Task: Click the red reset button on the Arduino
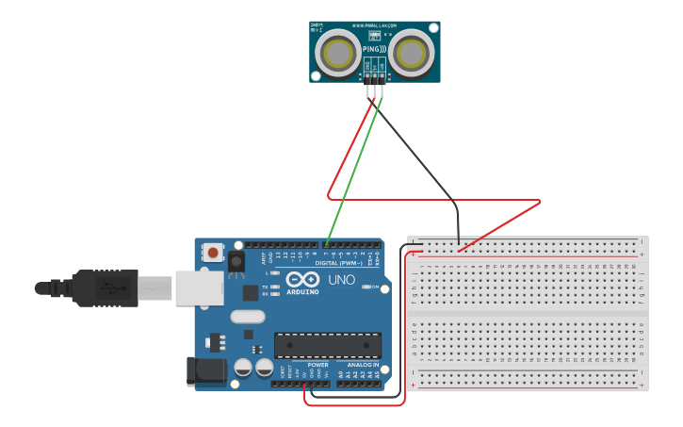coord(213,253)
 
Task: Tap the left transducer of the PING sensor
coord(336,53)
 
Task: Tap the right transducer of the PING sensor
coord(412,53)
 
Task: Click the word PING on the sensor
coord(371,49)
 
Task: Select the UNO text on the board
coord(341,280)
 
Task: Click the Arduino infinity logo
coord(303,280)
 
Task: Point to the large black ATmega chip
coord(328,345)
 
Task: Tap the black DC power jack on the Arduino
coord(206,370)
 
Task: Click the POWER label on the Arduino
coord(317,365)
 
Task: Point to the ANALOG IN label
coord(362,365)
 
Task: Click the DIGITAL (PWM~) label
coord(339,263)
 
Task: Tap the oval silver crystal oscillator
coord(247,318)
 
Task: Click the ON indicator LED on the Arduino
coord(365,287)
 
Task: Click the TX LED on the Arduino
coord(274,287)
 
